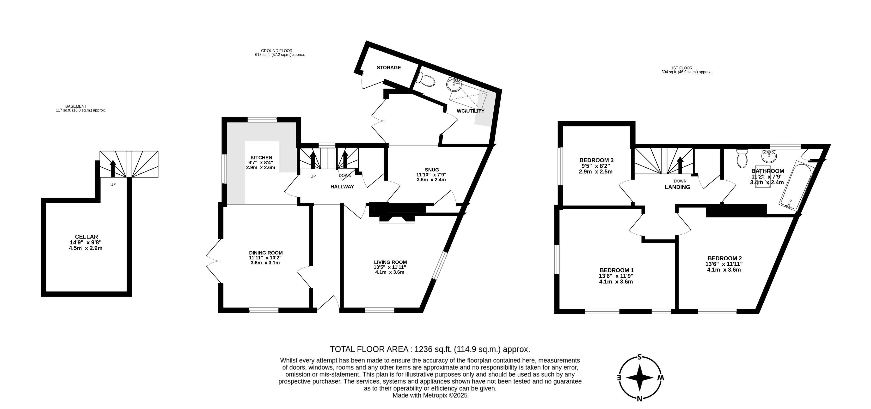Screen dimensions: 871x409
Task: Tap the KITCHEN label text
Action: [261, 158]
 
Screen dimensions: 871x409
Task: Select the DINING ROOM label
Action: [266, 253]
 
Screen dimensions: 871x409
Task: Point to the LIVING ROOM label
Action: [391, 262]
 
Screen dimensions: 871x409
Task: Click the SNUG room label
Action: [432, 170]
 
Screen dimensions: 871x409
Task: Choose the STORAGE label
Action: [389, 67]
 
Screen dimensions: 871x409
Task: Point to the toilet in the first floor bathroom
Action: [742, 159]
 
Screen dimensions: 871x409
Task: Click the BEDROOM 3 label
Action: [596, 160]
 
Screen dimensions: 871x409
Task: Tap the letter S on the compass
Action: [639, 357]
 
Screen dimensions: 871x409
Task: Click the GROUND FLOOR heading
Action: [276, 51]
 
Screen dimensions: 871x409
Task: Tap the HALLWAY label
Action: [342, 187]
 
